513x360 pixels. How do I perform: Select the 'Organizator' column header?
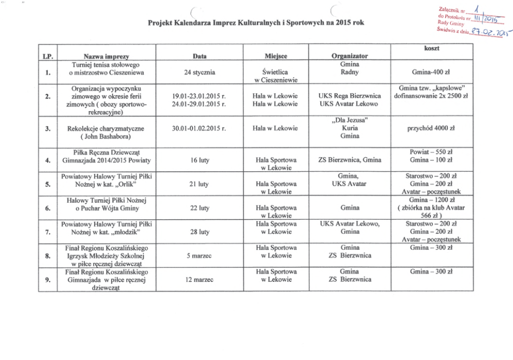click(349, 56)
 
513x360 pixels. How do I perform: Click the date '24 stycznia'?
click(200, 72)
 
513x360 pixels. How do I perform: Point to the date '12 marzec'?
click(200, 280)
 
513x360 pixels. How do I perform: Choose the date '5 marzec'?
click(200, 256)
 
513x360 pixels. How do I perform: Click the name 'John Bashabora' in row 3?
click(108, 137)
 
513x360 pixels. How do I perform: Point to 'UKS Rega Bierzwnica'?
click(349, 96)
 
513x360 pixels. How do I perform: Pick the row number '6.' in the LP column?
click(47, 208)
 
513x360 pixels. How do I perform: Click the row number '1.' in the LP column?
click(47, 72)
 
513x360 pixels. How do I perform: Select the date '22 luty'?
click(200, 208)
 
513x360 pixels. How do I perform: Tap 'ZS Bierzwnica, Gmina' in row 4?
click(349, 160)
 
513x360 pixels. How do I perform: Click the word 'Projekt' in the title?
click(160, 24)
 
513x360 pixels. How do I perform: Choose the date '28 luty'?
click(200, 232)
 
